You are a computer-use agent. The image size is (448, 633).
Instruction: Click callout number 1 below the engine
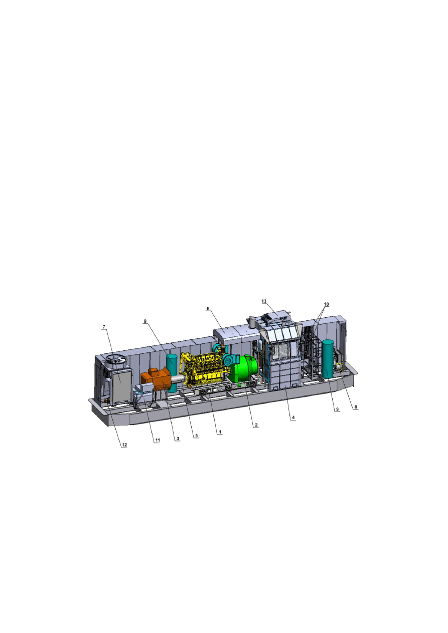(x=219, y=432)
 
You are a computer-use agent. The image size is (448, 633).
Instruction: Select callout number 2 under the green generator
(x=255, y=425)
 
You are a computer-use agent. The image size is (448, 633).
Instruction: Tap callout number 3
(x=177, y=439)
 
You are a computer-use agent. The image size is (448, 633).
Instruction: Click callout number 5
(x=197, y=436)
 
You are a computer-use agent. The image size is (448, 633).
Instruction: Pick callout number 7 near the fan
(x=104, y=327)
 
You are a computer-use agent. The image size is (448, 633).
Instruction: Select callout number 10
(x=326, y=304)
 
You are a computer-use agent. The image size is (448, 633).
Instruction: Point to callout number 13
(x=264, y=301)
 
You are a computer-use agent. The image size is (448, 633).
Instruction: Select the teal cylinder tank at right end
(x=328, y=358)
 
